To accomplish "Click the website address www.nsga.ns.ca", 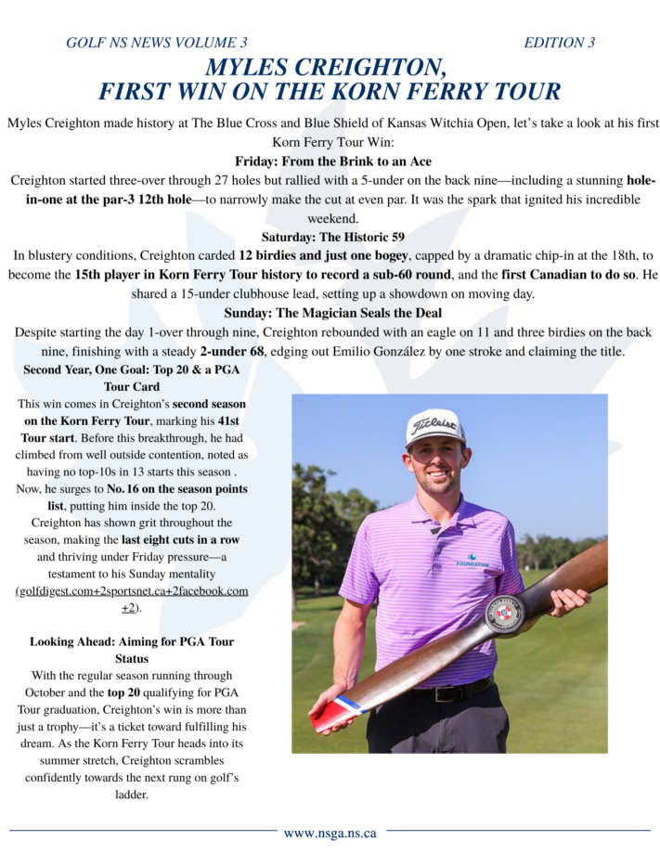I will (331, 833).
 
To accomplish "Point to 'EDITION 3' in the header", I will (559, 43).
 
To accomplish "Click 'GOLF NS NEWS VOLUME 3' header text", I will (157, 43).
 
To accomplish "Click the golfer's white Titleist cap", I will (435, 425).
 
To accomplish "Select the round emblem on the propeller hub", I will (506, 614).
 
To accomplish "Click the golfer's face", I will (436, 464).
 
